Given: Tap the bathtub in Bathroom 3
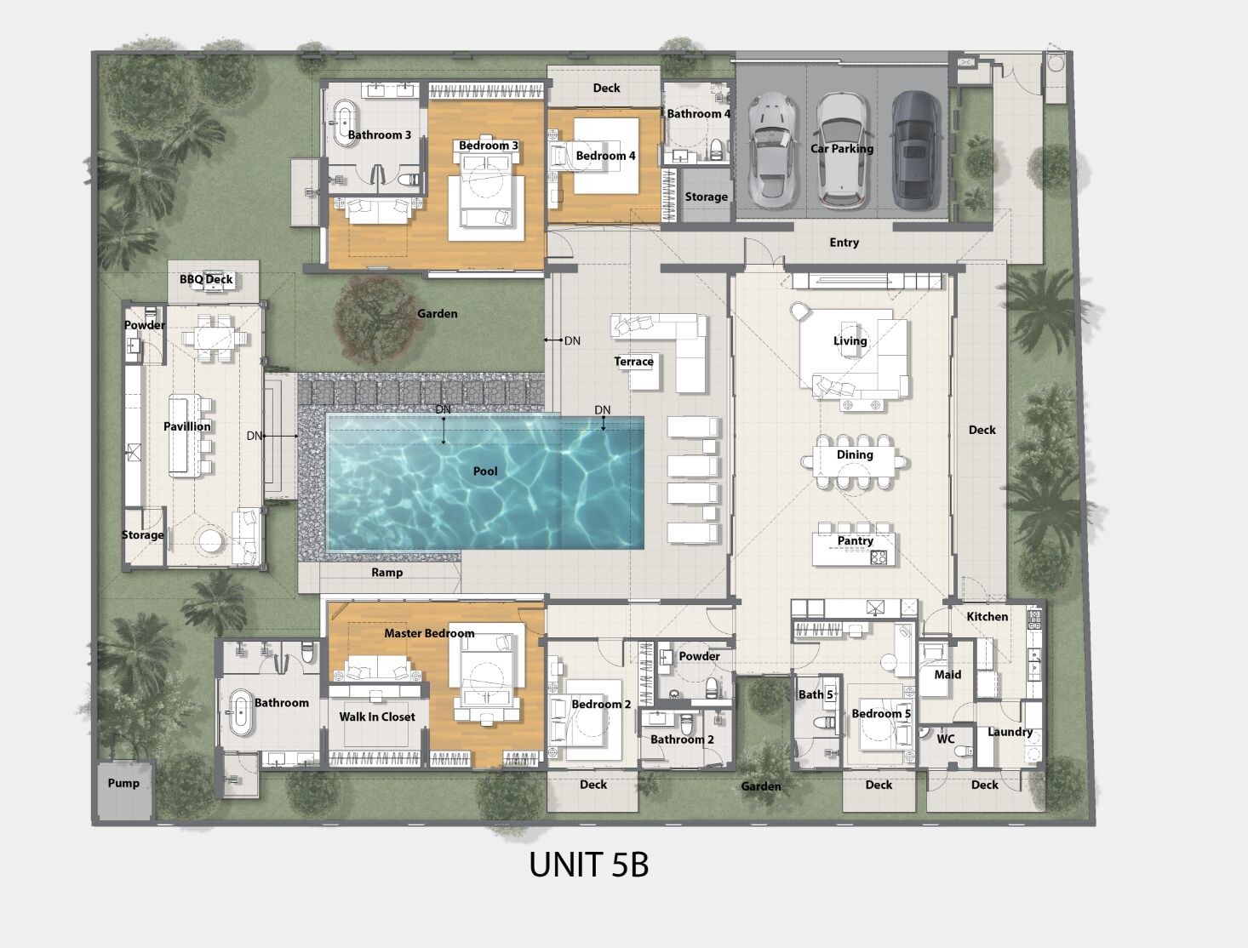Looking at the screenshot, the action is point(345,123).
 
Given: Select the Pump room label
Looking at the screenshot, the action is point(123,783).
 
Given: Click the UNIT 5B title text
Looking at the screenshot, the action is point(588,865).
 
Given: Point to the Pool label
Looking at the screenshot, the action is point(485,471).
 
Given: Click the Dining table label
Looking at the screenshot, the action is point(855,454).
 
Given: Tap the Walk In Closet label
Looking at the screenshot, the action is point(377,717).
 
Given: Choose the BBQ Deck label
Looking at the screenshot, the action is point(206,279).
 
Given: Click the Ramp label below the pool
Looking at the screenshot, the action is point(386,573).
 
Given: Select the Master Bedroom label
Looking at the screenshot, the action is point(429,633).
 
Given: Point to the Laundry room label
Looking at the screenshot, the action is point(1010,732).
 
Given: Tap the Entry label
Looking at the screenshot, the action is point(844,243).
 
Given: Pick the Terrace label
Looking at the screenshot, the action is point(633,362).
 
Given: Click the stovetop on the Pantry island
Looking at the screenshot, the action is point(879,557).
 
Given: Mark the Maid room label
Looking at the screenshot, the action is point(947,675).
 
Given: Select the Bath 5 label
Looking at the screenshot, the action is point(816,694).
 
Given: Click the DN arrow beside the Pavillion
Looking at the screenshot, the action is point(281,436).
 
